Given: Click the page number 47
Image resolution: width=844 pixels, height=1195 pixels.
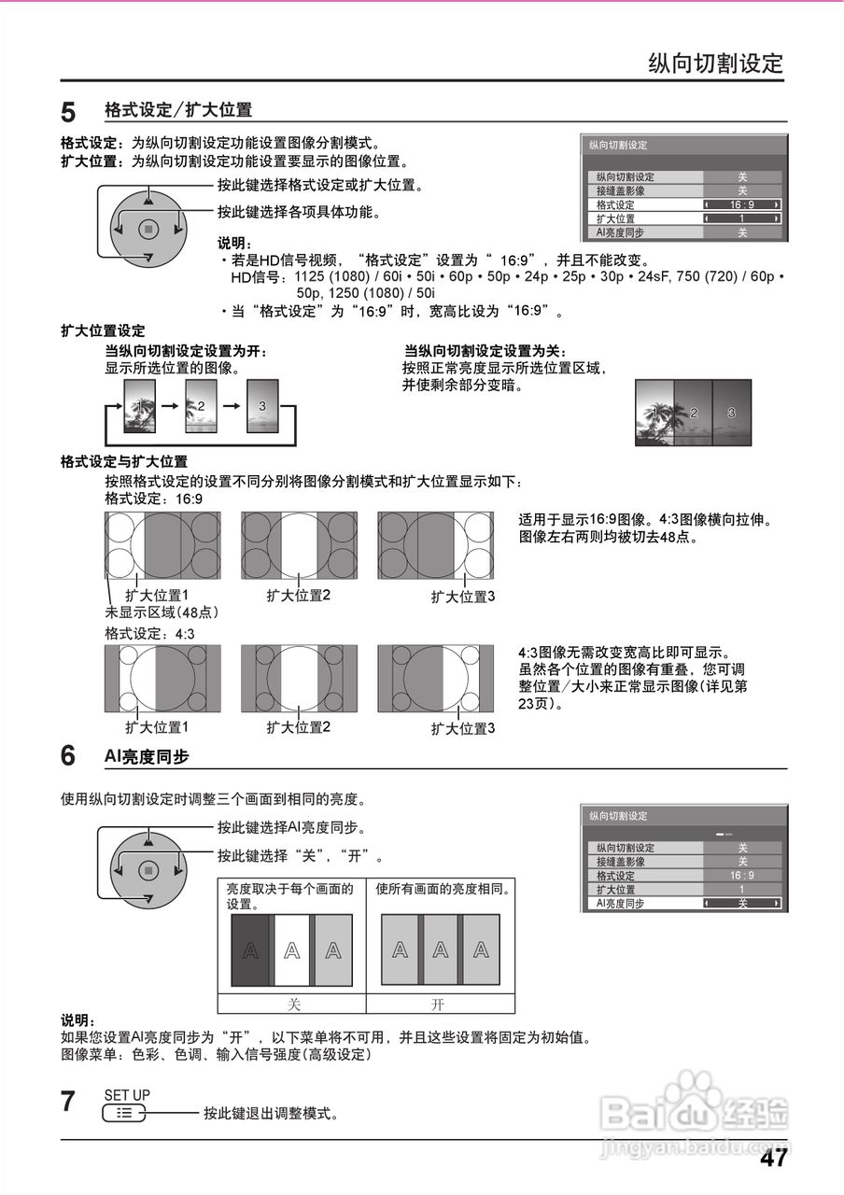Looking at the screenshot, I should click(x=773, y=1159).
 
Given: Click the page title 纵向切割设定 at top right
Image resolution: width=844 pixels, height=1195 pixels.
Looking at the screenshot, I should click(x=716, y=63).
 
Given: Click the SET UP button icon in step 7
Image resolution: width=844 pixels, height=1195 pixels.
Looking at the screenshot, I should click(x=124, y=1113).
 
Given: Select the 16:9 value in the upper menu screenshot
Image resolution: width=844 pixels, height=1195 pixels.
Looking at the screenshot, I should click(x=742, y=204).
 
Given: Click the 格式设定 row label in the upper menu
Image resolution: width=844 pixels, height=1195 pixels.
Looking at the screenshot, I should click(x=616, y=204).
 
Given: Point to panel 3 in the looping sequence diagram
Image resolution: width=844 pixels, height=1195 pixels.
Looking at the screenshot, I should click(x=262, y=406).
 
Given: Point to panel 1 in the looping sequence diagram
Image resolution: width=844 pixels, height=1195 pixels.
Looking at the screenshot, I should click(x=140, y=406).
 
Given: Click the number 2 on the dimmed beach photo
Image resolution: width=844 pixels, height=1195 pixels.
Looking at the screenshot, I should click(x=693, y=412).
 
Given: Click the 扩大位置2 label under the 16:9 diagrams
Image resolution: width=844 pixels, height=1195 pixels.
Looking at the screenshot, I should click(x=299, y=595).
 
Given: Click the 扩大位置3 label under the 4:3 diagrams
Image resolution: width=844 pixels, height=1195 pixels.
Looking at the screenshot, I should click(x=462, y=728).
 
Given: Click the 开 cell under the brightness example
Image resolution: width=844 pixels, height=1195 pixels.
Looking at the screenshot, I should click(x=439, y=1005).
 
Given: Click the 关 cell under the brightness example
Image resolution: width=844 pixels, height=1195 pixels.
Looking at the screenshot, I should click(x=292, y=1005).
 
